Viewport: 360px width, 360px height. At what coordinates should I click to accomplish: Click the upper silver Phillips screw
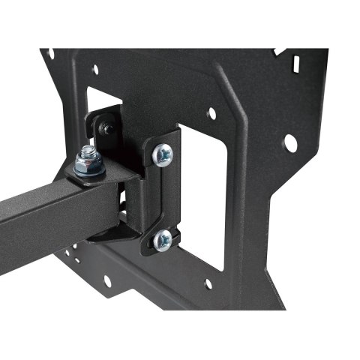tap(162, 154)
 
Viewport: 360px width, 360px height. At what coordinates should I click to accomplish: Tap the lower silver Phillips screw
tap(162, 240)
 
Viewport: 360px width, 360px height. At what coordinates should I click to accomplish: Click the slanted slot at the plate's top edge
tap(279, 52)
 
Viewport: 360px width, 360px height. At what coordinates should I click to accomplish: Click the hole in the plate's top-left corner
tap(50, 54)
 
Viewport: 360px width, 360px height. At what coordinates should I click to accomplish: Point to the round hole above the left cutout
tap(95, 70)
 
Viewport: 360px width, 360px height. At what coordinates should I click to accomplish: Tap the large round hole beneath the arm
tap(107, 280)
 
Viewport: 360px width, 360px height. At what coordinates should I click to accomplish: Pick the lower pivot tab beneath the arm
tap(112, 234)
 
